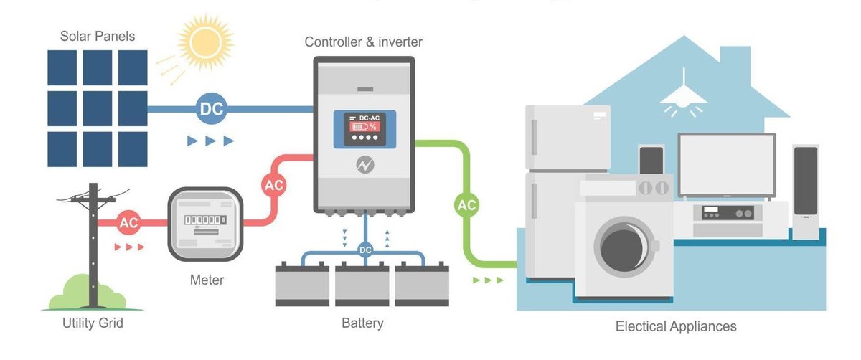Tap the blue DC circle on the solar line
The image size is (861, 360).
[x=211, y=109]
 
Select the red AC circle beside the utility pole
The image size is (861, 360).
[x=129, y=222]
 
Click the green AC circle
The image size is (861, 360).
[x=467, y=205]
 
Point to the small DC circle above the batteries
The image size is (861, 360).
[x=365, y=250]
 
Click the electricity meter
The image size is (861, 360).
[x=205, y=224]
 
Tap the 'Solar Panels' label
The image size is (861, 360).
[x=98, y=36]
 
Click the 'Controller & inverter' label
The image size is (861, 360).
[x=364, y=42]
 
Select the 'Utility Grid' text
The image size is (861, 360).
[x=93, y=323]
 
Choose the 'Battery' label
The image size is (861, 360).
[x=362, y=323]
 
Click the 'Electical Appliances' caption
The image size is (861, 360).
[x=676, y=327]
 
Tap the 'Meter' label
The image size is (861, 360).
[x=207, y=280]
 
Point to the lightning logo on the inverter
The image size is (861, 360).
[x=365, y=165]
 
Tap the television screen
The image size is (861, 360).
[x=727, y=164]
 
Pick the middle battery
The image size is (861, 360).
[x=362, y=285]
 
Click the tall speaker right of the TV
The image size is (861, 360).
[x=806, y=189]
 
